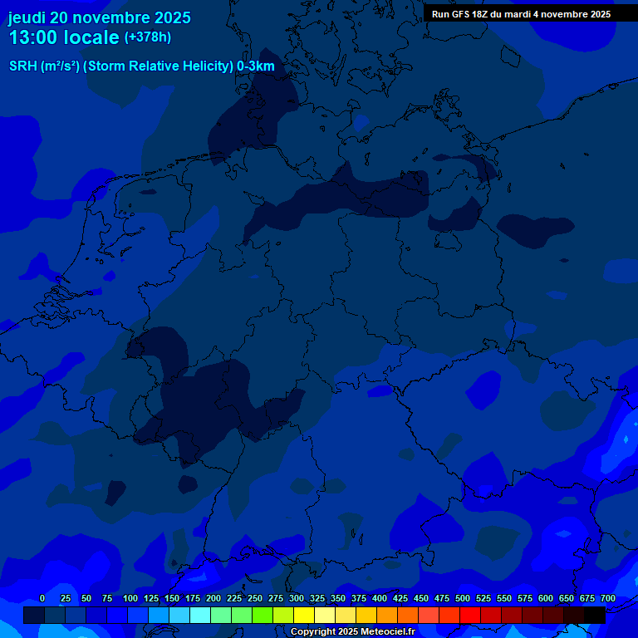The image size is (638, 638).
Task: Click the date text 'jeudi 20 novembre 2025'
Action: (x=100, y=17)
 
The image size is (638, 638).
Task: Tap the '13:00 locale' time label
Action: (x=64, y=37)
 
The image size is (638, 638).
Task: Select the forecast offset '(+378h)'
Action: (x=147, y=37)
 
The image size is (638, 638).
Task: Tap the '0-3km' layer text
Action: (x=256, y=66)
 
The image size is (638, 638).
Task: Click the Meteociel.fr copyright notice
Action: (x=352, y=632)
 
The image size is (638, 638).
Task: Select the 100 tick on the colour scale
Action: (x=130, y=599)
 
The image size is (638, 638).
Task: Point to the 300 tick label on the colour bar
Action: (x=297, y=599)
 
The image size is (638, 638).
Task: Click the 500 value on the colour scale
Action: (x=463, y=599)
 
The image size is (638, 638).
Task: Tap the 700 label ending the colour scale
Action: (x=607, y=599)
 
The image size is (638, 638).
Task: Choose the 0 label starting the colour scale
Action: (x=42, y=599)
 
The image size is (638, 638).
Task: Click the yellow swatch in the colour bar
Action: (x=304, y=615)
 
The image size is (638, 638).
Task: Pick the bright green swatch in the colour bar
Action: (x=263, y=615)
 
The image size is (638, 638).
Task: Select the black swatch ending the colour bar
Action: (x=595, y=615)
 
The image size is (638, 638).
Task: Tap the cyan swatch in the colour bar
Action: (x=200, y=615)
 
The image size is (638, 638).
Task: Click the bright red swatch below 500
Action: (x=470, y=615)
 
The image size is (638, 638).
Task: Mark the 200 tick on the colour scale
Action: (x=213, y=599)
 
